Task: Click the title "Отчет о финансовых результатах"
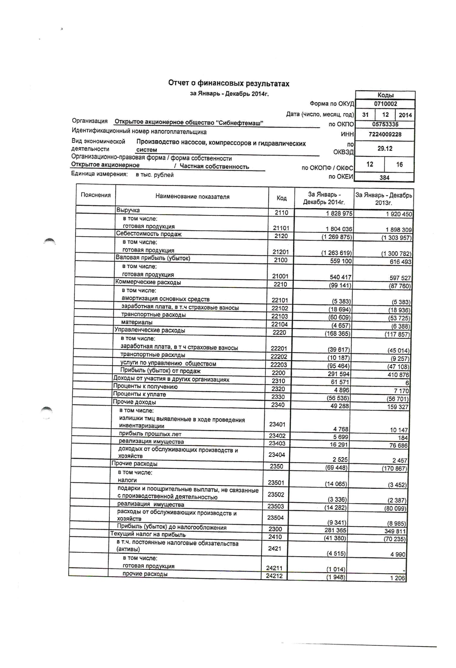[228, 83]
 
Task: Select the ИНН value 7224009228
[385, 134]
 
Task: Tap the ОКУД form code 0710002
[385, 104]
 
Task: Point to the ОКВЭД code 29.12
[385, 149]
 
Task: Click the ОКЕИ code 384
[384, 177]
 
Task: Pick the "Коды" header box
[385, 95]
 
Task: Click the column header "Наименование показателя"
[192, 197]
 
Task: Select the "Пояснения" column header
[96, 195]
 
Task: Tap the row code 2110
[281, 213]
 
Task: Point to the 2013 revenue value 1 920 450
[396, 214]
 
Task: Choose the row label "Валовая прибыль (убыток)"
[153, 258]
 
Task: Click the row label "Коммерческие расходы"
[148, 282]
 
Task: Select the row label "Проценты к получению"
[145, 387]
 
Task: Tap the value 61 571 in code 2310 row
[339, 382]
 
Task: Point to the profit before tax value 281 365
[335, 530]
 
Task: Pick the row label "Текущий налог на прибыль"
[148, 534]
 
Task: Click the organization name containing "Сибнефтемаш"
[189, 122]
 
